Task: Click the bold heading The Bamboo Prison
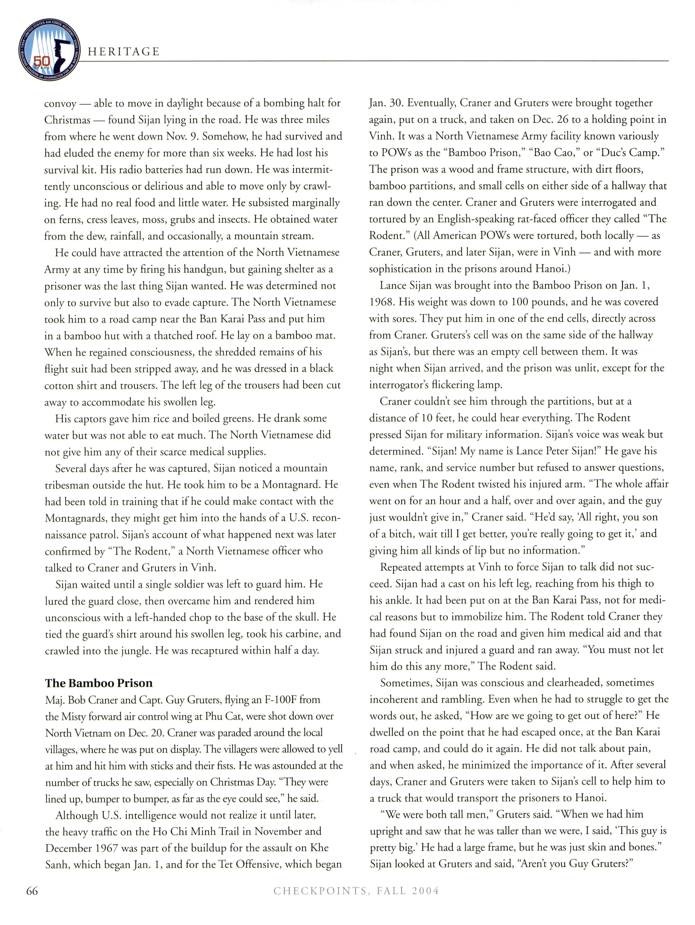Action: click(x=99, y=683)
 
